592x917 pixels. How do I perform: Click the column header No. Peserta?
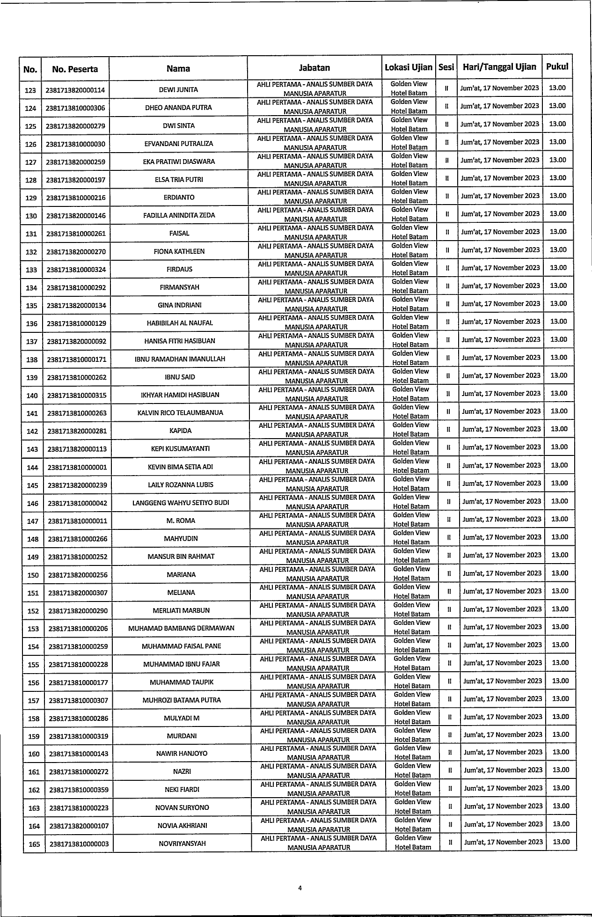pyautogui.click(x=75, y=69)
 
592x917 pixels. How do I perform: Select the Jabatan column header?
pyautogui.click(x=314, y=68)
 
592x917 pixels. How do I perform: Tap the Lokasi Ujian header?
pyautogui.click(x=408, y=67)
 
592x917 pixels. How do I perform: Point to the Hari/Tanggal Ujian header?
pyautogui.click(x=499, y=66)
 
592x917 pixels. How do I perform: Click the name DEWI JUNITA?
pyautogui.click(x=178, y=89)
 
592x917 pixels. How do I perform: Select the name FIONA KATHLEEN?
pyautogui.click(x=179, y=251)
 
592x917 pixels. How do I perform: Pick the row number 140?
pyautogui.click(x=32, y=396)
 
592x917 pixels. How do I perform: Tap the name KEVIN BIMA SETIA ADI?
pyautogui.click(x=180, y=467)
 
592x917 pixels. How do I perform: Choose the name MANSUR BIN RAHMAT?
pyautogui.click(x=181, y=557)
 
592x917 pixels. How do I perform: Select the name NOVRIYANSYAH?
pyautogui.click(x=182, y=844)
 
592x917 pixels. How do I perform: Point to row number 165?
pyautogui.click(x=34, y=844)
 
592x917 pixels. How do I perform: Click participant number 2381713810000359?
pyautogui.click(x=79, y=790)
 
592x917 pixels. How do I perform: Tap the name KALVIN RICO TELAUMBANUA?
pyautogui.click(x=180, y=413)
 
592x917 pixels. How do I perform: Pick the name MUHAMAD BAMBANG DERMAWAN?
pyautogui.click(x=181, y=628)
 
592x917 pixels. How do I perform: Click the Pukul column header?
pyautogui.click(x=557, y=66)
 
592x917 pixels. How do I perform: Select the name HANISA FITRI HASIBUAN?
pyautogui.click(x=180, y=341)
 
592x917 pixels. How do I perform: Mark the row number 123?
pyautogui.click(x=30, y=90)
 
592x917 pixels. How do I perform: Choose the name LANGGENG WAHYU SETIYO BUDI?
pyautogui.click(x=181, y=503)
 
